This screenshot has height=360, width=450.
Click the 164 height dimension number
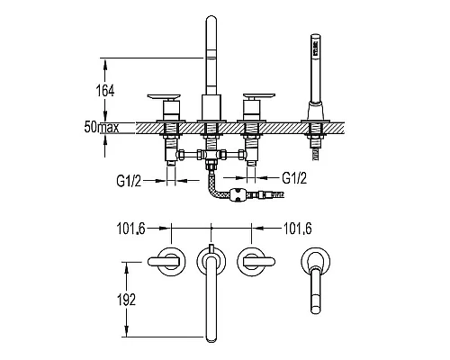[105, 91]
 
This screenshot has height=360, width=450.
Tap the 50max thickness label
[102, 127]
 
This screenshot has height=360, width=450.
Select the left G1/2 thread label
[129, 181]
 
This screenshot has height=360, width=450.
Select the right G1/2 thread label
[294, 178]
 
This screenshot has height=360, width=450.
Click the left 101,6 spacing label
[130, 229]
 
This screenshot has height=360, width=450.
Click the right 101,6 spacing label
[298, 229]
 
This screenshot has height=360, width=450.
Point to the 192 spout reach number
[126, 300]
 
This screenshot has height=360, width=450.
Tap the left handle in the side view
[164, 97]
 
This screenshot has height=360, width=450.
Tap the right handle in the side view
[259, 96]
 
